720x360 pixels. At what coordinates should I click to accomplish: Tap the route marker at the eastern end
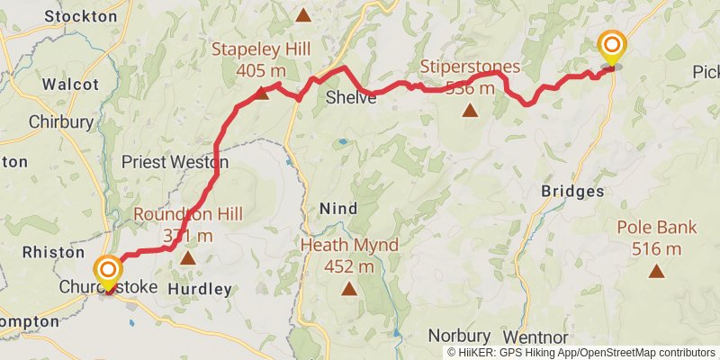pyautogui.click(x=612, y=46)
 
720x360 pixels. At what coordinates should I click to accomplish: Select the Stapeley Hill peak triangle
pyautogui.click(x=261, y=93)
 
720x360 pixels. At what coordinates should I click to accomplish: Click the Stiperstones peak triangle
pyautogui.click(x=469, y=111)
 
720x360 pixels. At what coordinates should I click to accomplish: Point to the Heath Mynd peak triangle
pyautogui.click(x=348, y=288)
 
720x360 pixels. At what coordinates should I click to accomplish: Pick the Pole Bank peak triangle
pyautogui.click(x=656, y=270)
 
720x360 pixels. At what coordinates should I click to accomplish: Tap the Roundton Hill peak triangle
pyautogui.click(x=187, y=258)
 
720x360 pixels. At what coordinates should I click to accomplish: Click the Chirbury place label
pyautogui.click(x=60, y=121)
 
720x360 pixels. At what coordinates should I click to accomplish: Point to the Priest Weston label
pyautogui.click(x=175, y=163)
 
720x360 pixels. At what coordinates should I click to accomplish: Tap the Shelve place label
pyautogui.click(x=351, y=97)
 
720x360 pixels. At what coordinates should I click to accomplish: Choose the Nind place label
pyautogui.click(x=338, y=208)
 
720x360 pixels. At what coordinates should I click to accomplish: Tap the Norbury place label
pyautogui.click(x=458, y=334)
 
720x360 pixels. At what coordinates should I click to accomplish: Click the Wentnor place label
pyautogui.click(x=540, y=336)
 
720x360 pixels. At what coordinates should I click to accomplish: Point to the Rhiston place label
pyautogui.click(x=52, y=252)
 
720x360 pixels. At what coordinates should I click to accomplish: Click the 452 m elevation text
pyautogui.click(x=348, y=266)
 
